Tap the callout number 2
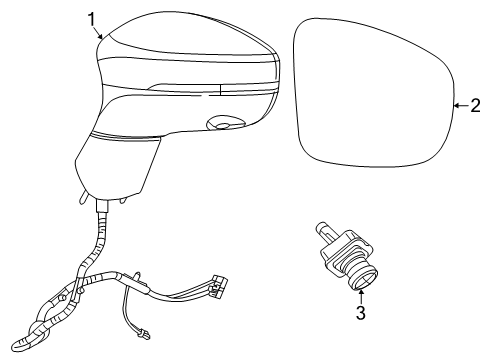(x=475, y=104)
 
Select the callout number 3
(x=361, y=313)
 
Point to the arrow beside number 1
(x=100, y=32)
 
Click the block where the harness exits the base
(x=103, y=207)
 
